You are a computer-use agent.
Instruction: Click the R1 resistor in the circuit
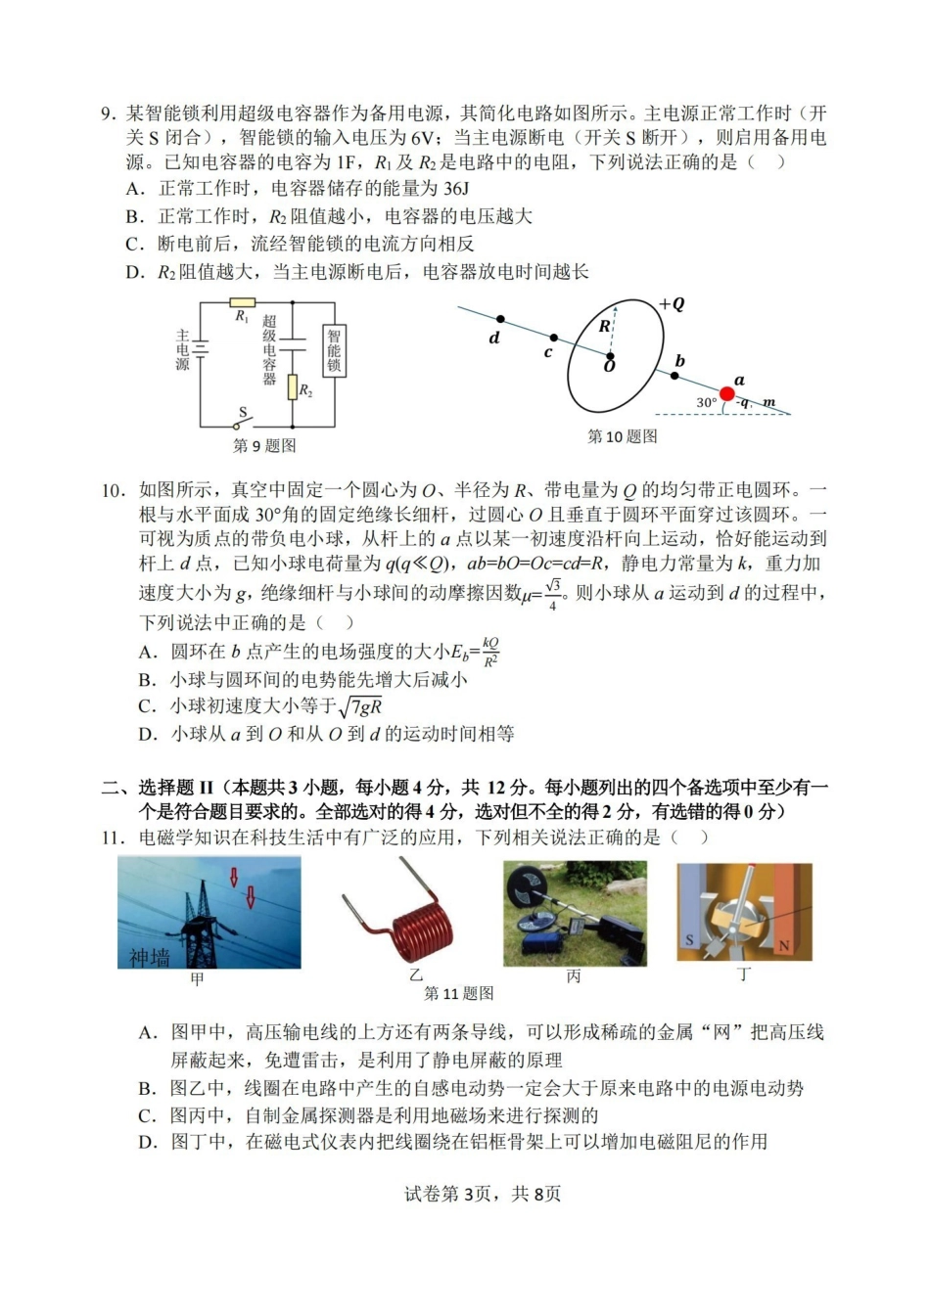242,303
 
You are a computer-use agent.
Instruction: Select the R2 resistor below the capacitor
292,387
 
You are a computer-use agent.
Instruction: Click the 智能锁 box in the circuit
334,350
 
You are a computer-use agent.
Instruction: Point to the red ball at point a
726,393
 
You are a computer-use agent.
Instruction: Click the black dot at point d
500,319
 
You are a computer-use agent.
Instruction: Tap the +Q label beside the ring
672,304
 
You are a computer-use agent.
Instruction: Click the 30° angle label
706,402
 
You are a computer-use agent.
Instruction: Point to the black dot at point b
674,375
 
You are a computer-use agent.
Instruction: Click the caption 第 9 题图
264,446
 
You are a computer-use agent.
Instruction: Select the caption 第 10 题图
622,436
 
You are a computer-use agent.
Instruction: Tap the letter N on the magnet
783,946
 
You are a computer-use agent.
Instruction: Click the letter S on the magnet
689,940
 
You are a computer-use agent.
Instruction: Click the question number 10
113,490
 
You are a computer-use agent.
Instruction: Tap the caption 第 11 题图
458,994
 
